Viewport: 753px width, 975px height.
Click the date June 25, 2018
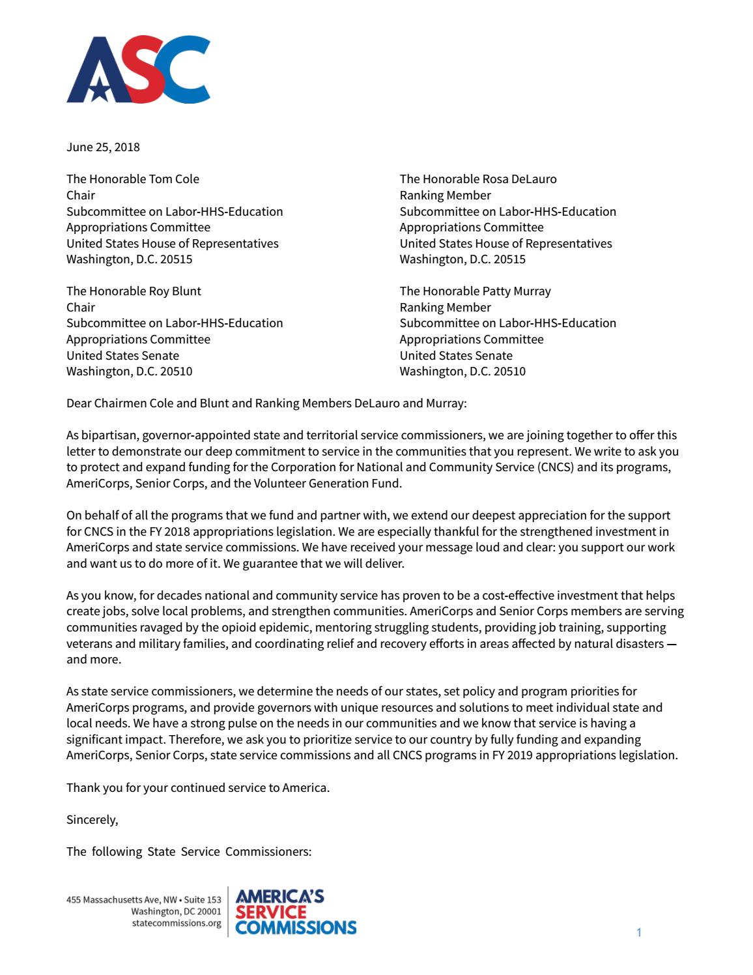103,147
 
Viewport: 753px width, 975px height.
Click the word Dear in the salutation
79,403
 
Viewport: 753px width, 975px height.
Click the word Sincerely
92,820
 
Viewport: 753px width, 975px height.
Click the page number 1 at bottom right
639,933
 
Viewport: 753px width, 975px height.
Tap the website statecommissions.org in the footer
177,924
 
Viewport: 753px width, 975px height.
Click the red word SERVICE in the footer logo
270,912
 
